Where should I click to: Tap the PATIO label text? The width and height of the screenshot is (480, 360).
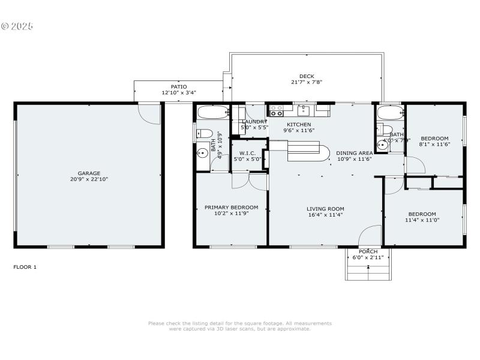tap(179, 86)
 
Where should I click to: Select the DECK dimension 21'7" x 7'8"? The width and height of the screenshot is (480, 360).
tap(307, 82)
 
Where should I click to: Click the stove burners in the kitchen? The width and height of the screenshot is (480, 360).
tap(277, 110)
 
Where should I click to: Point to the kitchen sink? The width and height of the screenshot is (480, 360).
tap(305, 110)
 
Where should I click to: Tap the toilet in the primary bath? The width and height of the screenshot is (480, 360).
tap(204, 133)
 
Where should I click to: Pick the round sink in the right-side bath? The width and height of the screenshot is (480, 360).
tap(382, 145)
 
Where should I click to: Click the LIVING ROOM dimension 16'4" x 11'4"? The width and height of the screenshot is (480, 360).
tap(325, 215)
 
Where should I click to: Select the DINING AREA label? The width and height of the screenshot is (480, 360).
tap(354, 153)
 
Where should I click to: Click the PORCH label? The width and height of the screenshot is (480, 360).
tap(368, 251)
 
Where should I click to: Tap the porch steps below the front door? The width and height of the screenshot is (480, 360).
tap(368, 270)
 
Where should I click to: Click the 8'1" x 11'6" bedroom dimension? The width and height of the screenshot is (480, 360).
tap(434, 144)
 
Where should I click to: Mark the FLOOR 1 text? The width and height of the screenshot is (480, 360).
tap(25, 266)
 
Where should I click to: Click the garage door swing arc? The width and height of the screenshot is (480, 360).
tap(150, 114)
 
